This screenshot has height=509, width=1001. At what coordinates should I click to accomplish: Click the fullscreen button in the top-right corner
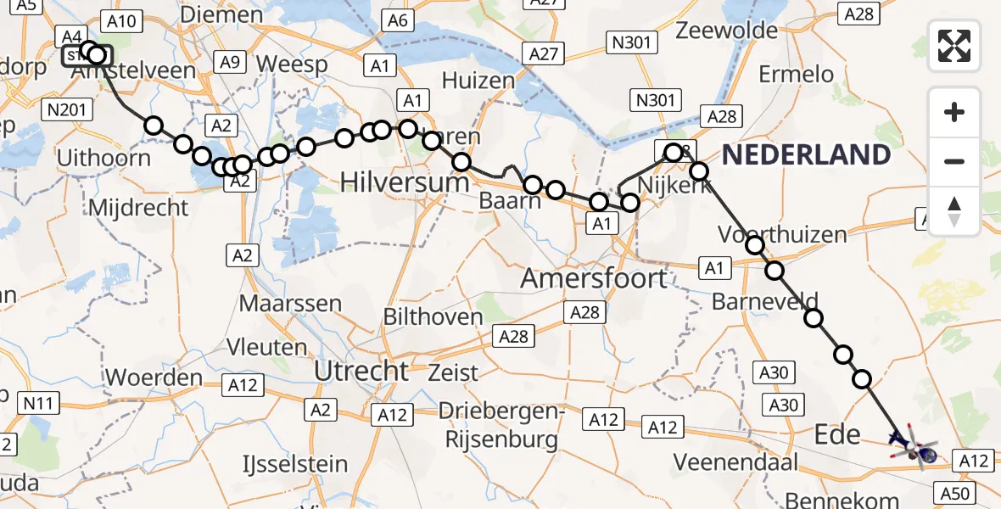(954, 45)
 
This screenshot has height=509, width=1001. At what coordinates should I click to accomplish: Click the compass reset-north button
(954, 211)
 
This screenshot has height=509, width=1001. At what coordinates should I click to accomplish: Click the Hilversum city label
(405, 182)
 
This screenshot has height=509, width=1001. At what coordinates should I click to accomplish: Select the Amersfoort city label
(594, 277)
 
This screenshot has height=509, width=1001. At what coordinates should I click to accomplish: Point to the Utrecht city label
(361, 371)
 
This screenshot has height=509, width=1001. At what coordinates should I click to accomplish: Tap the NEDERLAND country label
(806, 154)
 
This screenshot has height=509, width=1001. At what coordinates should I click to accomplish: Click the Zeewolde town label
(727, 31)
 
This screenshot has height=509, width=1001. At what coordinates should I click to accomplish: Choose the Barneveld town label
(765, 300)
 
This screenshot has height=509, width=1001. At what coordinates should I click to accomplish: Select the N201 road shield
(66, 108)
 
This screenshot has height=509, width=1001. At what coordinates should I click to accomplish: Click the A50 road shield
(954, 492)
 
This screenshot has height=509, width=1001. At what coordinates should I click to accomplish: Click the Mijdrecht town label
(137, 207)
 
